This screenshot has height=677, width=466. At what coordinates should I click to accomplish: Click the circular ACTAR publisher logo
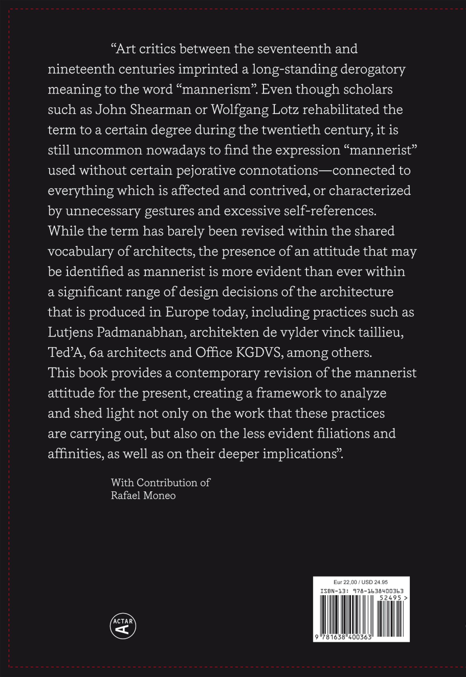coord(123,626)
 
